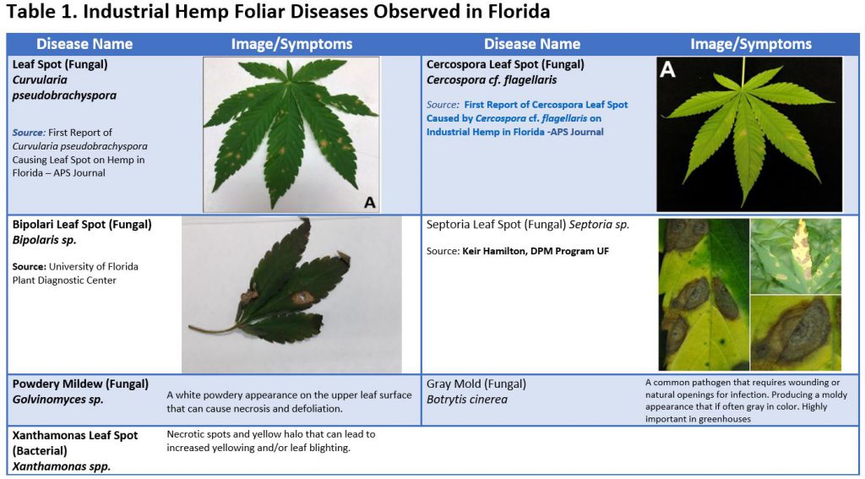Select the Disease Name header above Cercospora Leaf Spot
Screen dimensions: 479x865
coord(531,44)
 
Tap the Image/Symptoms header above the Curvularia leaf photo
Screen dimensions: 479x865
coord(291,44)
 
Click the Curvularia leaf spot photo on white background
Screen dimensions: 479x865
coord(291,133)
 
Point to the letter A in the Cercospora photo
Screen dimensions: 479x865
coord(667,70)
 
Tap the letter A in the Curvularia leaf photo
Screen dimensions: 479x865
coord(368,201)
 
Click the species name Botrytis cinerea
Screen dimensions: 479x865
coord(466,400)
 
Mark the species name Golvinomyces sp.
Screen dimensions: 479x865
coord(58,399)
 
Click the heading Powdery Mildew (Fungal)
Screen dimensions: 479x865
coord(80,384)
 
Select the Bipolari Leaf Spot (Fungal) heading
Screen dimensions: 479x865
coord(82,225)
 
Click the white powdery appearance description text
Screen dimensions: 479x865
coord(289,401)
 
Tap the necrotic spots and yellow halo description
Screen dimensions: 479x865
coord(270,440)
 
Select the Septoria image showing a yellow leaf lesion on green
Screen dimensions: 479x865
coord(795,256)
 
